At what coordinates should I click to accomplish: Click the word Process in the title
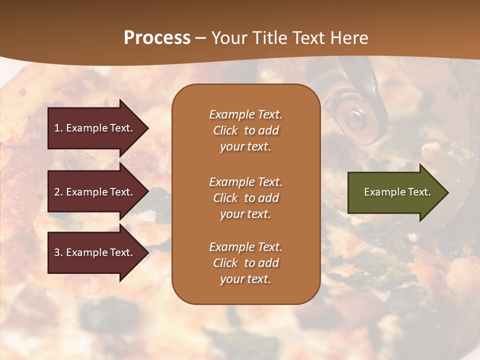157,38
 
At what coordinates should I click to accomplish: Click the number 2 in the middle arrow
57,192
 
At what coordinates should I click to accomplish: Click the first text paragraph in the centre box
245,130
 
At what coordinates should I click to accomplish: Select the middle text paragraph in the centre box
245,197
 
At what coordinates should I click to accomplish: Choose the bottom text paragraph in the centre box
245,263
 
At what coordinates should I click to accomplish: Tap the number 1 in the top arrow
57,128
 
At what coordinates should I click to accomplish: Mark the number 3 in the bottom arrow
57,252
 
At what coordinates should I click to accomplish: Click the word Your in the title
227,38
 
